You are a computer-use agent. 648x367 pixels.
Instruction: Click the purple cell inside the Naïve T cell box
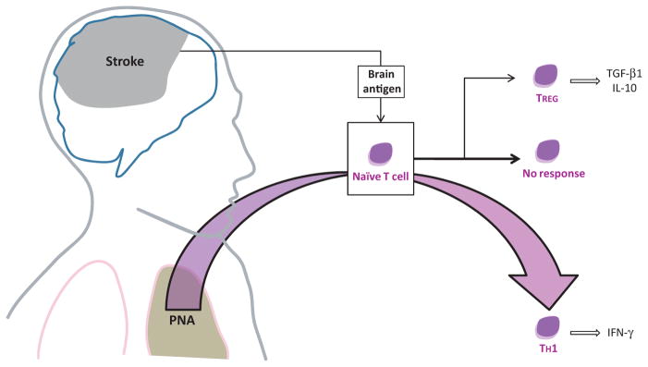(381, 153)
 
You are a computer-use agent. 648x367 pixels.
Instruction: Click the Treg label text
(547, 99)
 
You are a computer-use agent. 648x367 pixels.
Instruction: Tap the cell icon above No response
(547, 150)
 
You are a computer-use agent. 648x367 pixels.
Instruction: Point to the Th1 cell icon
(547, 325)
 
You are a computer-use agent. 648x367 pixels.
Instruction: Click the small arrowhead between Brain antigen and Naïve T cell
(381, 117)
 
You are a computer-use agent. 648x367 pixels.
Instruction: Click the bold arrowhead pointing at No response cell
(515, 157)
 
